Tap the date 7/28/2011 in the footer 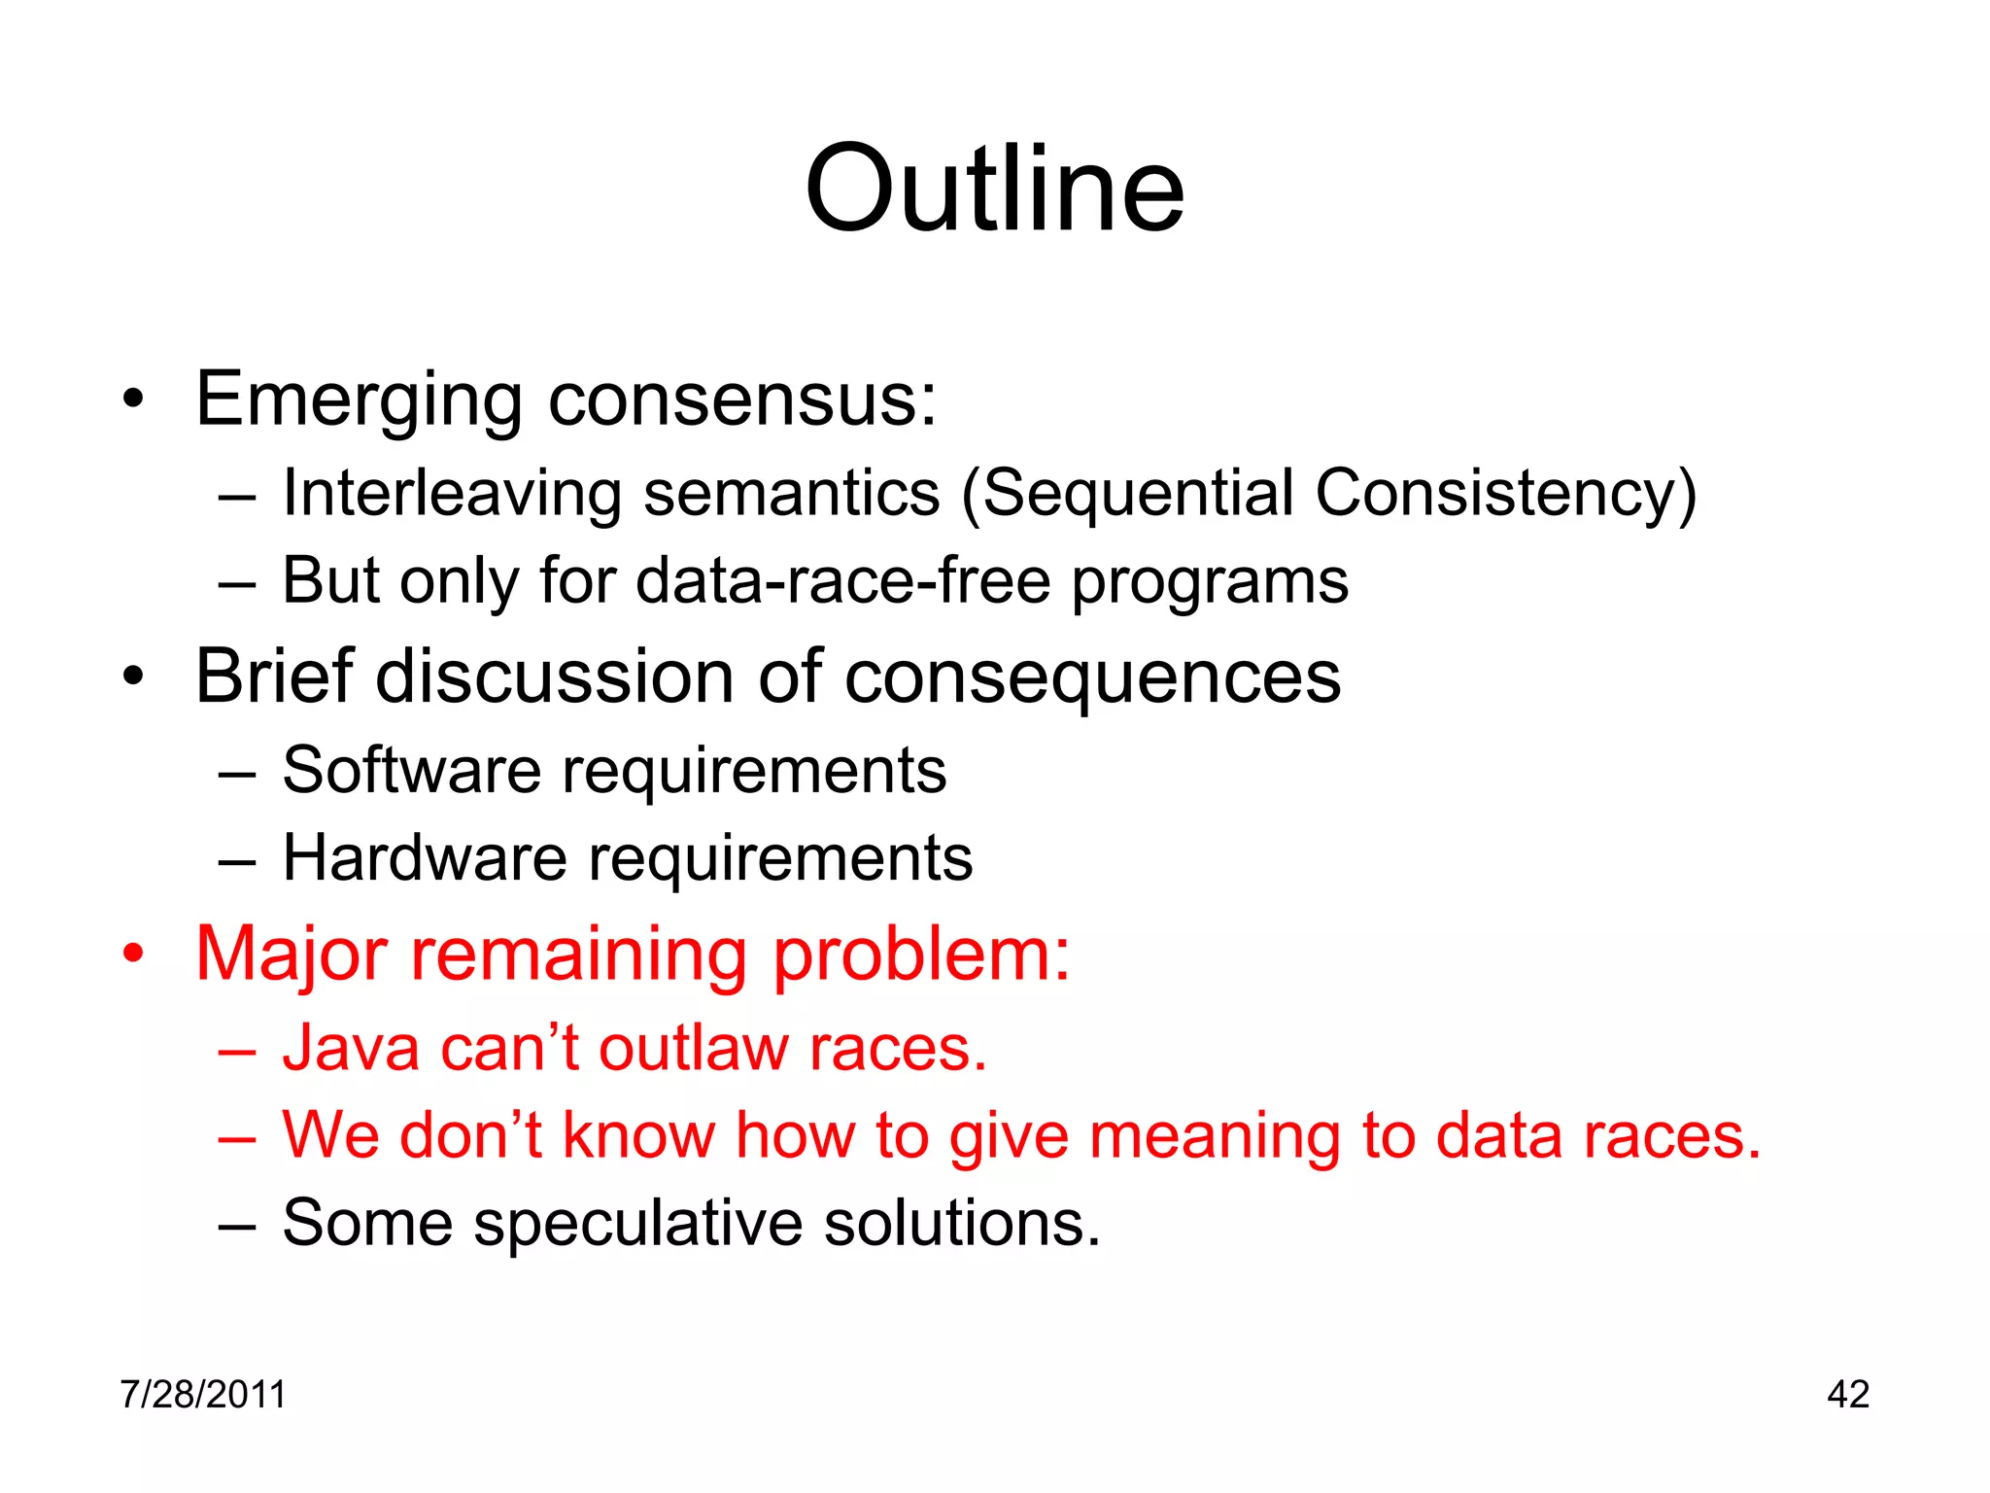tap(203, 1394)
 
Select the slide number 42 tap(1847, 1394)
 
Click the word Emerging tap(359, 399)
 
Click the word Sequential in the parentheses tap(1138, 493)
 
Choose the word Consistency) tap(1505, 493)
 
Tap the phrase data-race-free tap(842, 581)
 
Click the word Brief tap(273, 676)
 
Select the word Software tap(411, 771)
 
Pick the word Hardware tap(425, 858)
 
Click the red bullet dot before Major tap(133, 955)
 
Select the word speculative tap(637, 1223)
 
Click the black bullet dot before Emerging tap(133, 399)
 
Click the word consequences tap(1092, 677)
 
